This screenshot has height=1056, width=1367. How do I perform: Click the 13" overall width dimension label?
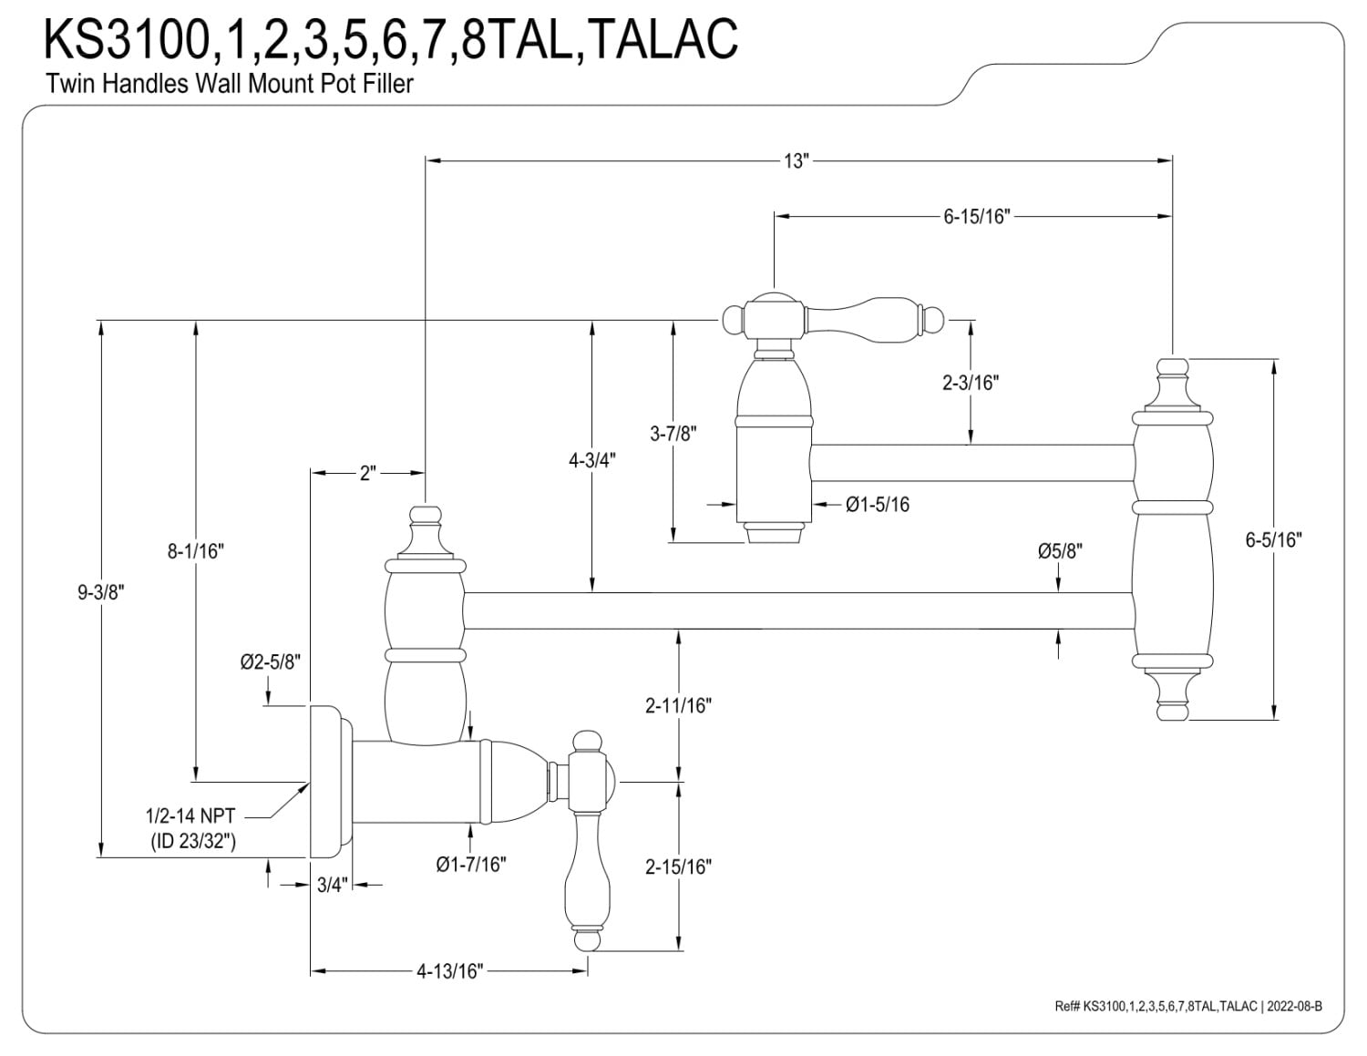point(796,161)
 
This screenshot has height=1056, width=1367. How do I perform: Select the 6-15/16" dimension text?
point(977,217)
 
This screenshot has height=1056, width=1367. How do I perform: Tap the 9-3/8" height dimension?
point(101,591)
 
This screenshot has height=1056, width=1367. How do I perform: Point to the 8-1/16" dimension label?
point(196,551)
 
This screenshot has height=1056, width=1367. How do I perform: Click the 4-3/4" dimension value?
point(592,460)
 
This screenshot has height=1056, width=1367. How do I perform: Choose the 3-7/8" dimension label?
point(673,435)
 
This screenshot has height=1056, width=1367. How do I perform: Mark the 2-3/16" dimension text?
point(971,383)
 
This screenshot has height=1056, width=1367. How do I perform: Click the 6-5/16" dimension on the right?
point(1274,539)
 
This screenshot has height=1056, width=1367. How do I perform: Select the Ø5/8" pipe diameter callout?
point(1060,551)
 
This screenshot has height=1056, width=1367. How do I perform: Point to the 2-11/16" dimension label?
point(678,705)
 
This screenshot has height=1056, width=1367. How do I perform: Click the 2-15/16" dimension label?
point(678,866)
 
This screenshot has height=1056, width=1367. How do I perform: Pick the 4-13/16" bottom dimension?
point(448,971)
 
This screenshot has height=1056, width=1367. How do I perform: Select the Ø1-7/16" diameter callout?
point(471,864)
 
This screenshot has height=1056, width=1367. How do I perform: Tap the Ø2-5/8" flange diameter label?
point(271,662)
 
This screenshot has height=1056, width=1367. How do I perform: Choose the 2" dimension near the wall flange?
point(367,474)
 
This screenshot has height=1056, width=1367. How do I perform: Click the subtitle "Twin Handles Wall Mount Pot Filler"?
point(230,84)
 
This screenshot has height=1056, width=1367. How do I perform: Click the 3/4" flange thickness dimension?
point(332,884)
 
